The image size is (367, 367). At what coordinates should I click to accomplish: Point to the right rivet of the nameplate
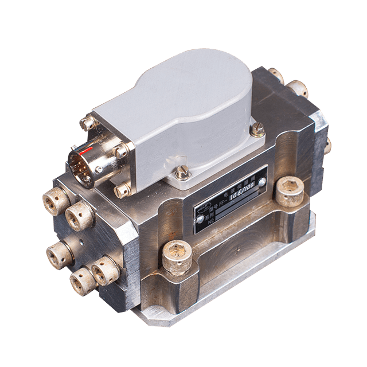(x=262, y=182)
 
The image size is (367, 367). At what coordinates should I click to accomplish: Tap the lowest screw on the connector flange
(x=121, y=190)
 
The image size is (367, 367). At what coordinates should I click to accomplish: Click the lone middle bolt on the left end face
(x=61, y=250)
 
